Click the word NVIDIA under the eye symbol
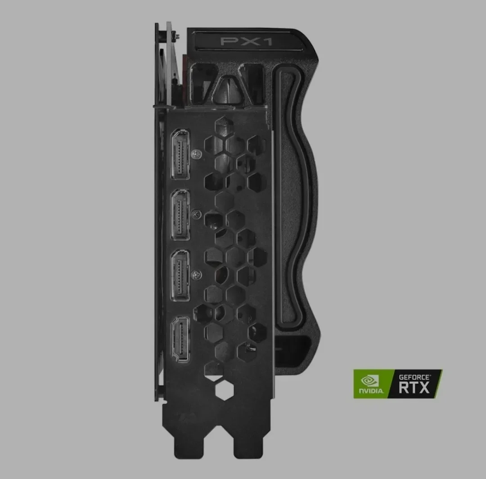pyautogui.click(x=371, y=391)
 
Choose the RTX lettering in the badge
pyautogui.click(x=414, y=387)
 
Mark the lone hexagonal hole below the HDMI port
pyautogui.click(x=223, y=391)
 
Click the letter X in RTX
pyautogui.click(x=424, y=387)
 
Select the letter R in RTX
pyautogui.click(x=404, y=387)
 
